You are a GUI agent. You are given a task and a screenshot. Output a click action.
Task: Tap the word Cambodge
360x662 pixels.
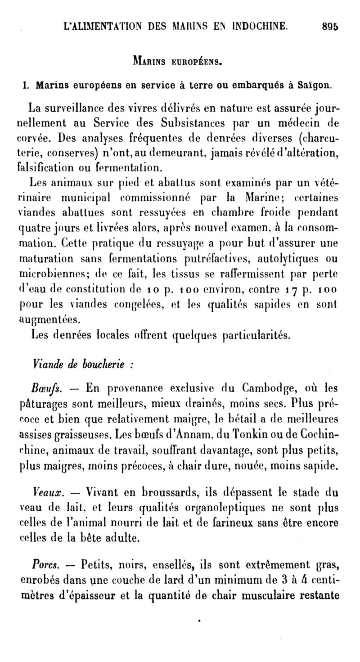pos(268,388)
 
